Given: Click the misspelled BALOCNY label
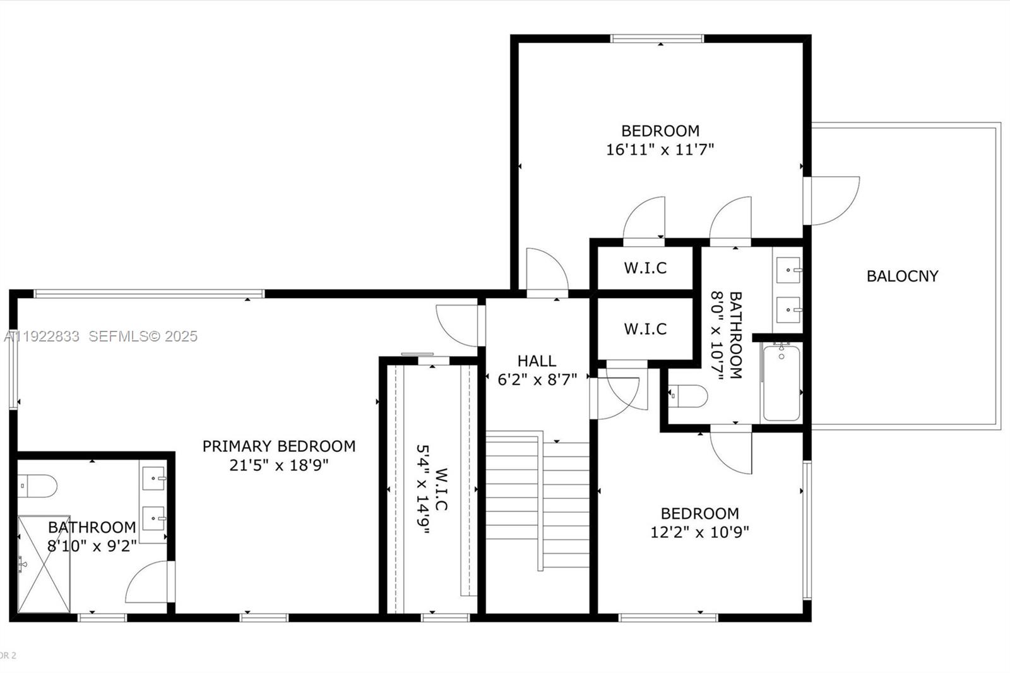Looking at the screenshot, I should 902,276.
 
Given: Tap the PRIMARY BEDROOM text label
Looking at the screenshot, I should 278,446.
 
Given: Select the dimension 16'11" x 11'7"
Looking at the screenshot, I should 660,150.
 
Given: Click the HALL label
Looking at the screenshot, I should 537,361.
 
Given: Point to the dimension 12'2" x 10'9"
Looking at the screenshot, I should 699,532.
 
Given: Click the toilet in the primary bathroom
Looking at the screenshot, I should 37,486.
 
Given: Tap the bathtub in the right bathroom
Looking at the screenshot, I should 781,383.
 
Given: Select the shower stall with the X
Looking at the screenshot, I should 44,564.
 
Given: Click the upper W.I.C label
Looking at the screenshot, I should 645,268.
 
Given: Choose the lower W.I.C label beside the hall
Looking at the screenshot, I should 645,329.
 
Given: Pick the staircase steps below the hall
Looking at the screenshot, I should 537,499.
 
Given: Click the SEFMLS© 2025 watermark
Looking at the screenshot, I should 143,336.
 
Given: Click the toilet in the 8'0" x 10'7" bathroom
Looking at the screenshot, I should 688,396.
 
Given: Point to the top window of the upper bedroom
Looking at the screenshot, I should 657,39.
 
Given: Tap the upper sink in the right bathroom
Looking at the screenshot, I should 788,270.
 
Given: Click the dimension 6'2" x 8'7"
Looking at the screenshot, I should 537,380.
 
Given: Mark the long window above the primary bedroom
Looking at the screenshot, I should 149,294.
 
